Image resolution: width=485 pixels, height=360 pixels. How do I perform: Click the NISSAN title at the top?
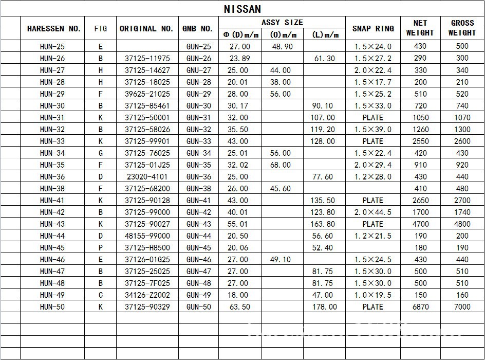tap(242, 9)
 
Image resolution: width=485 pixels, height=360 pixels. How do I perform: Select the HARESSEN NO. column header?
tap(54, 29)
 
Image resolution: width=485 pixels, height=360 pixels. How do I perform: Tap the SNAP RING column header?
tap(373, 29)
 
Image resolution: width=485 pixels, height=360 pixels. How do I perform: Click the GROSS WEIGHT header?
tap(462, 28)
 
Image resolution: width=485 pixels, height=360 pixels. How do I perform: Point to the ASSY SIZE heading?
tap(282, 23)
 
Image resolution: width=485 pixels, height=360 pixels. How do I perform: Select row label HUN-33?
tap(52, 141)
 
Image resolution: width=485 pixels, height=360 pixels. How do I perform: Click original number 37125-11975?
tap(147, 59)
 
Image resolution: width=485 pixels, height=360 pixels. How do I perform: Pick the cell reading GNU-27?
tap(199, 70)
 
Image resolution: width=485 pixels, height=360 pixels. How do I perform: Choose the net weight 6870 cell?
tap(420, 307)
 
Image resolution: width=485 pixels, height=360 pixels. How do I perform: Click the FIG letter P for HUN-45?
tap(101, 248)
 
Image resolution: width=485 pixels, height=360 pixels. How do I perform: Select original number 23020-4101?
tap(147, 177)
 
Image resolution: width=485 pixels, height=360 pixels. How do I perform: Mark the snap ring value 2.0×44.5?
tap(373, 212)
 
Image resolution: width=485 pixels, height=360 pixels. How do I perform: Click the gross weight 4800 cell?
tap(462, 224)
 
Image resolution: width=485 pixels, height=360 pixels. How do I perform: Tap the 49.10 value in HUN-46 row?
tap(281, 260)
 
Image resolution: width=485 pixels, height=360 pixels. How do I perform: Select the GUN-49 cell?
tap(199, 295)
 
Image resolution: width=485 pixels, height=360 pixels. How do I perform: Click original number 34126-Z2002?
tap(147, 295)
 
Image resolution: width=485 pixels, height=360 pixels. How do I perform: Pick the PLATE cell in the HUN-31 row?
tap(373, 118)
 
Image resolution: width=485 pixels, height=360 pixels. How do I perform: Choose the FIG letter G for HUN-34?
tap(101, 153)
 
